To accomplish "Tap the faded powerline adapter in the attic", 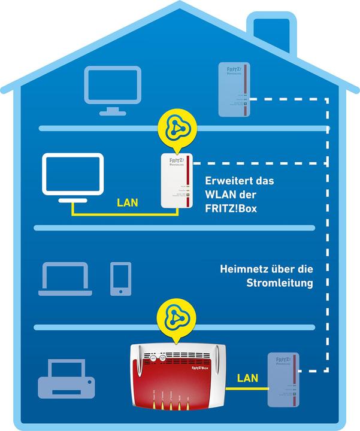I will point(231,90).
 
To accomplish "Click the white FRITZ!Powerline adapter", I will point(177,180).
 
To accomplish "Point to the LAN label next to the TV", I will point(128,203).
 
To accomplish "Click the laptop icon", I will point(65,279).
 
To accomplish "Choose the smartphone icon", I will point(120,278).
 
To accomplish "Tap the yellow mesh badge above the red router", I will point(174,321).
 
